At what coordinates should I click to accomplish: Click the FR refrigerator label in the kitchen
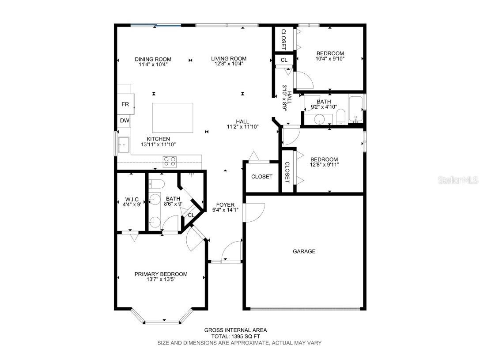(x=125, y=105)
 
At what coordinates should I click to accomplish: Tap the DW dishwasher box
(x=125, y=120)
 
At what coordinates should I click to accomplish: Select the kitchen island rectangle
(x=172, y=118)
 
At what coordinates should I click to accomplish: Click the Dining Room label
(x=153, y=59)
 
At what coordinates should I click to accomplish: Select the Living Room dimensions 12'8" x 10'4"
(x=228, y=64)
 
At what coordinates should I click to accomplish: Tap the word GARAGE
(x=304, y=251)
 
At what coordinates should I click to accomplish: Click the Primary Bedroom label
(x=161, y=274)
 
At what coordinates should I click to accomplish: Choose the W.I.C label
(x=132, y=199)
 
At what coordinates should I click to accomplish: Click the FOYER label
(x=225, y=205)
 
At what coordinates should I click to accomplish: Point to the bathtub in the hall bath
(x=355, y=109)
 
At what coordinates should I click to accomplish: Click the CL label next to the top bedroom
(x=284, y=60)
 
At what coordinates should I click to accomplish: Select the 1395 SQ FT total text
(x=235, y=336)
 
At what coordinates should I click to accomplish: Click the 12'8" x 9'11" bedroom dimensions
(x=324, y=165)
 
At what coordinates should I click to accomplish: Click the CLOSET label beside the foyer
(x=262, y=177)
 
